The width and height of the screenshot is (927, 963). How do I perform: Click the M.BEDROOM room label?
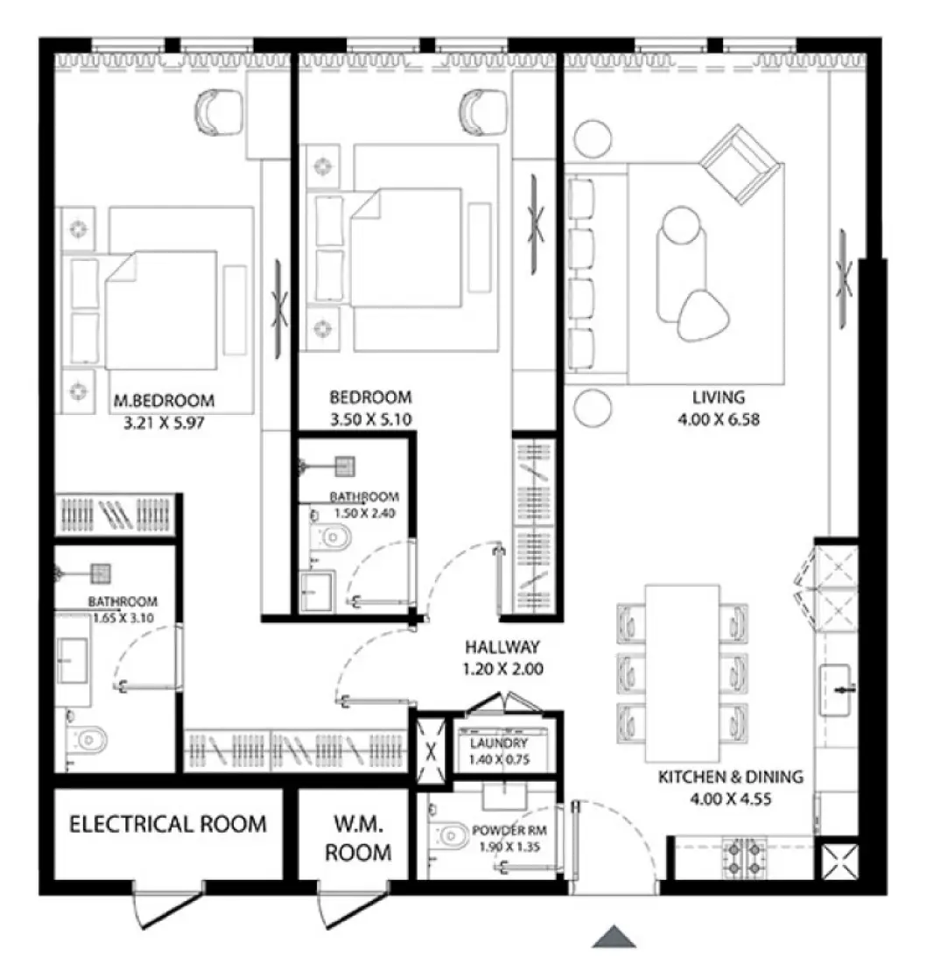point(165,401)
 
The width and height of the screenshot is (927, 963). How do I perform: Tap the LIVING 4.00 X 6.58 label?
point(716,407)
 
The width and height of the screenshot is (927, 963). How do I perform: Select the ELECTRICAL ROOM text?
point(168,824)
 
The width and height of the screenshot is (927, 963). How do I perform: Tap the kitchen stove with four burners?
point(744,859)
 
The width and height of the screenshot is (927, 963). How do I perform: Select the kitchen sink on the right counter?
point(839,690)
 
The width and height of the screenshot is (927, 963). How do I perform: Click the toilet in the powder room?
point(451,837)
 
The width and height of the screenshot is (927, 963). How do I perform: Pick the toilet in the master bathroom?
point(88,740)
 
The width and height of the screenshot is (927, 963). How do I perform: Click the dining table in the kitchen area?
point(683,672)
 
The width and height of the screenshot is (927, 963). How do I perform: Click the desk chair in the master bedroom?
point(217,112)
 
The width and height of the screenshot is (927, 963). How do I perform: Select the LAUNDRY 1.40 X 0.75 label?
point(497,751)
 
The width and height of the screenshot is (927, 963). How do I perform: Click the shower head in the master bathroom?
point(102,573)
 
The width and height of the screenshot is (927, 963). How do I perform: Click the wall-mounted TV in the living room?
point(845,278)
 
